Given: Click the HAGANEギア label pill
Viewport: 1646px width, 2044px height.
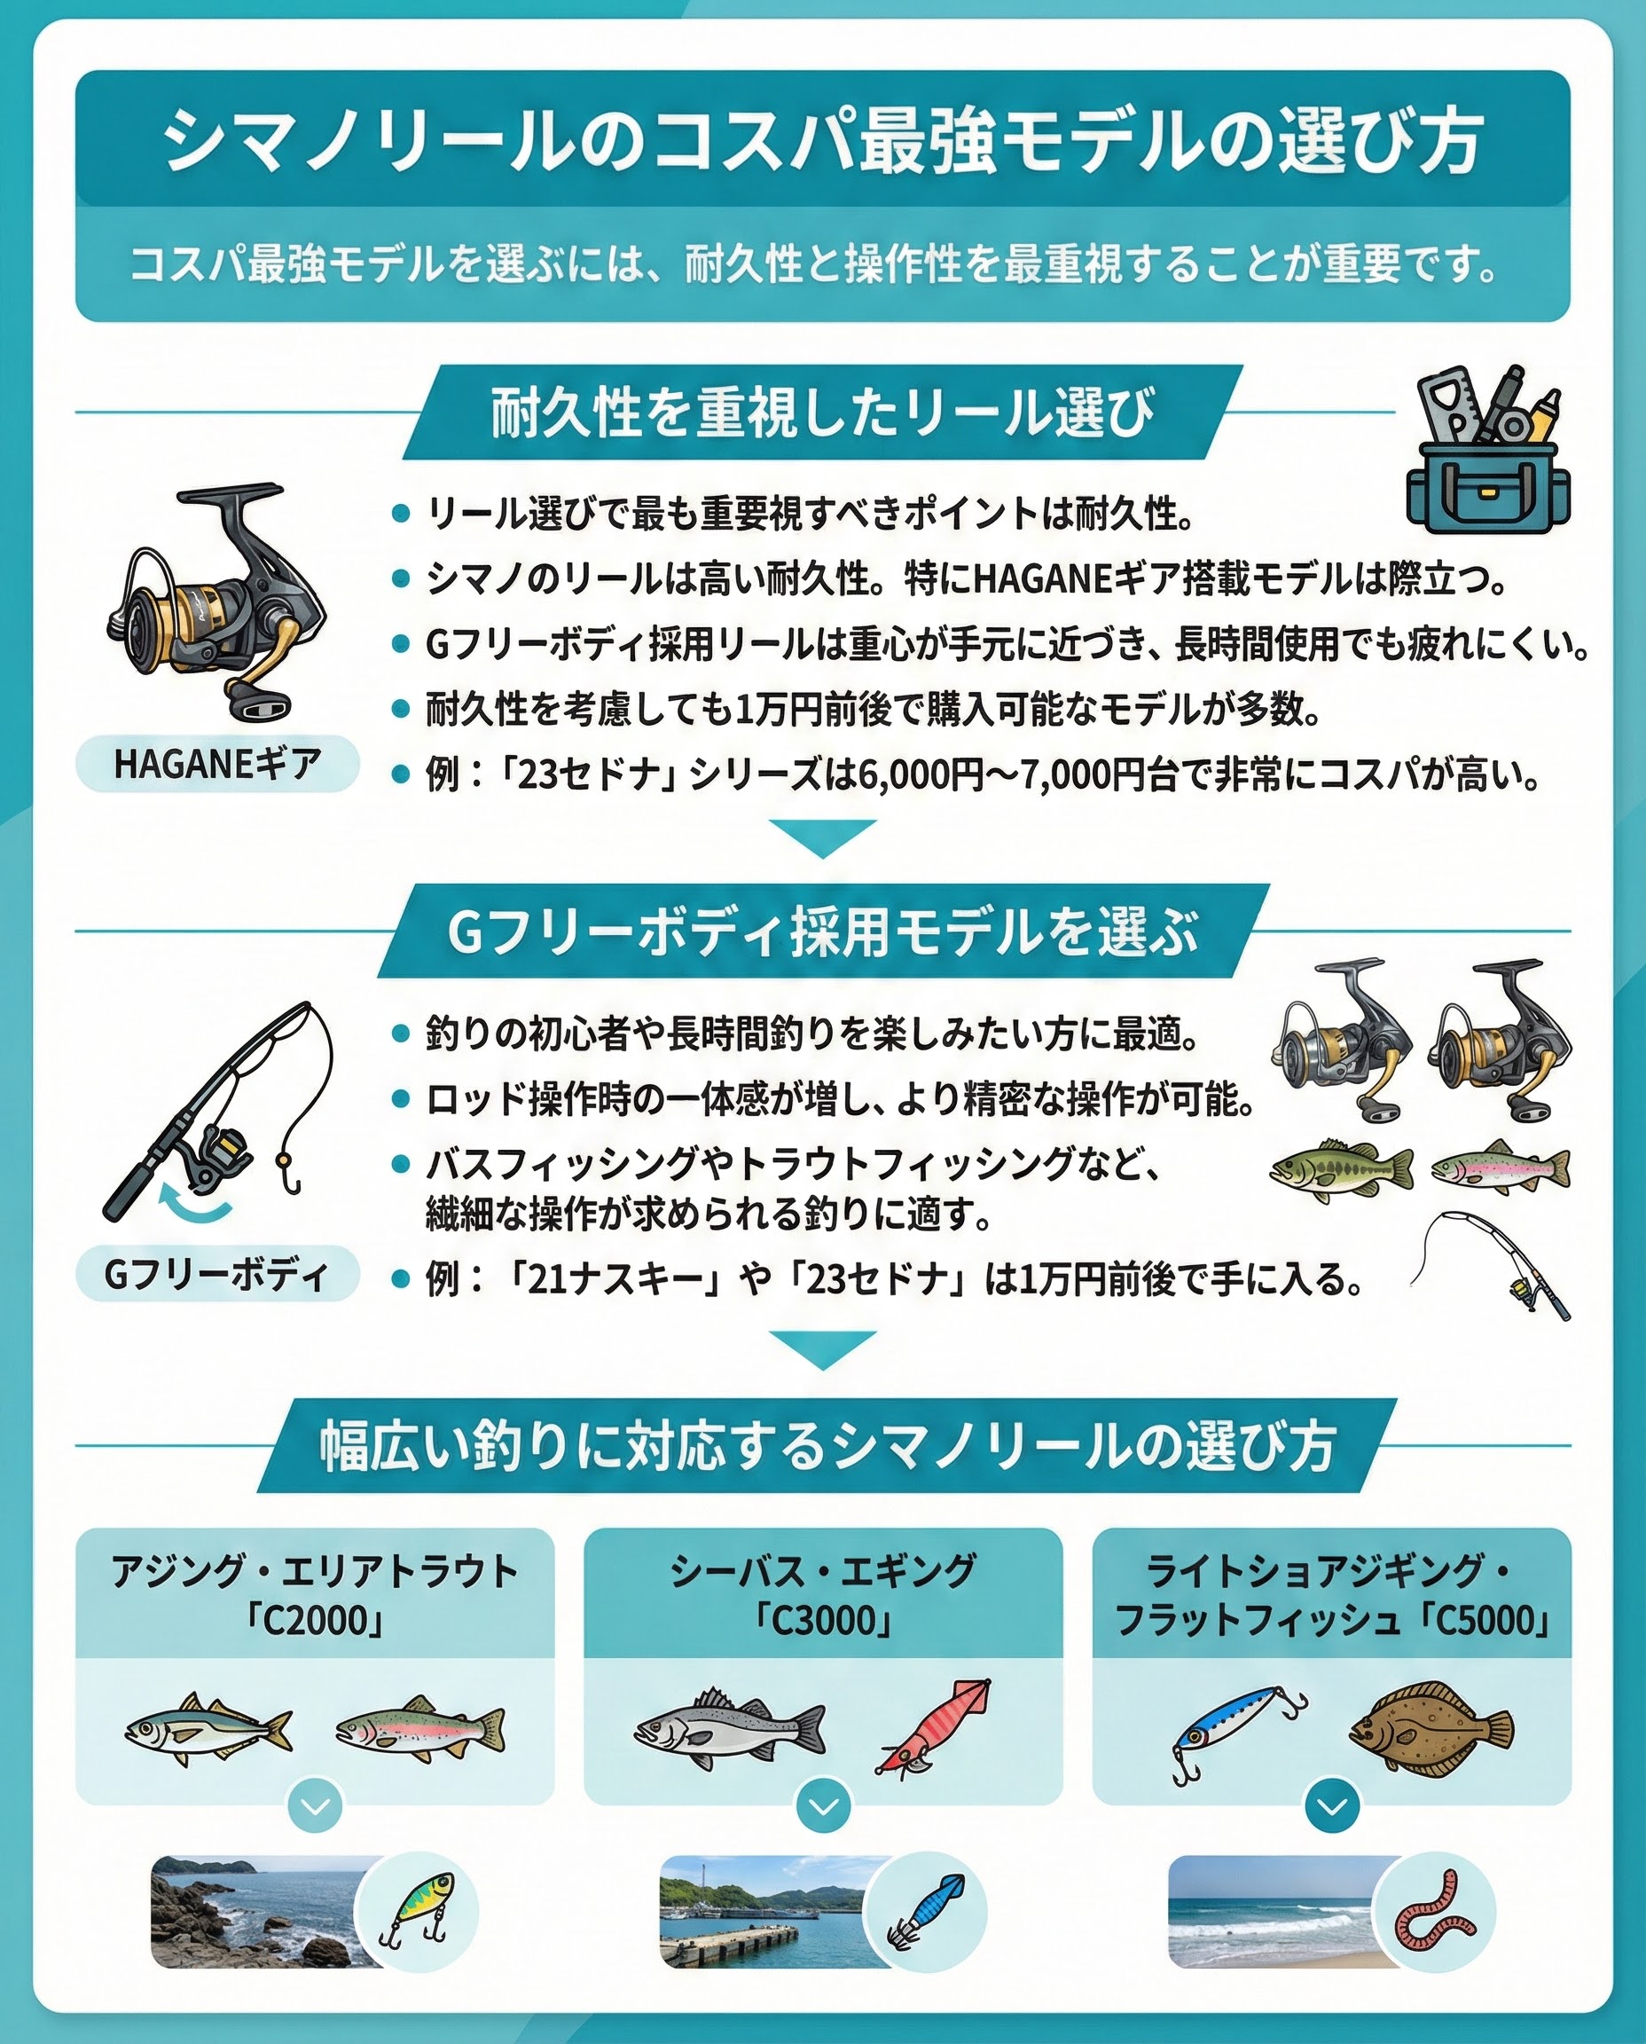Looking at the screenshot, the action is pos(217,764).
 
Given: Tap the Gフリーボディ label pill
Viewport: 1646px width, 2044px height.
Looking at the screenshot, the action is pos(217,1275).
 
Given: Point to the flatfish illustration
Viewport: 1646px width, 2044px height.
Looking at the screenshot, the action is pos(1430,1727).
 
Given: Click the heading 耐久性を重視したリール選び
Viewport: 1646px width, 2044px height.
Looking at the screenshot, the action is pos(822,413).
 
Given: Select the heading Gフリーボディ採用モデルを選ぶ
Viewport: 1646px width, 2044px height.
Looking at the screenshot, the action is pos(822,932).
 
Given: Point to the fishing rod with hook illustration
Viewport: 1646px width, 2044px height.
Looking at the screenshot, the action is pos(218,1111).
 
